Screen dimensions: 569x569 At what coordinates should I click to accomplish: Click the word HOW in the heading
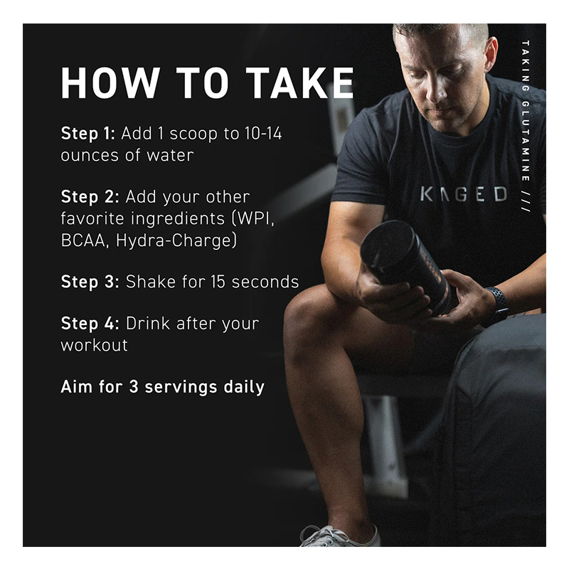[110, 83]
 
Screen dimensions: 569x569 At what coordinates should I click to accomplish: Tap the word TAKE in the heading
[299, 83]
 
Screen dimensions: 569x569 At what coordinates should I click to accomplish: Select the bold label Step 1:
[87, 134]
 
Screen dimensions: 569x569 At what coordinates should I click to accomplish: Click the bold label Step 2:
[90, 197]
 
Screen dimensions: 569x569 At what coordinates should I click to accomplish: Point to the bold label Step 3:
[90, 282]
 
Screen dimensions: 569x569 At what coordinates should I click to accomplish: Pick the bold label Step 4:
[90, 324]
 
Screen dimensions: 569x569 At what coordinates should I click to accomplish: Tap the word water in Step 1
[170, 155]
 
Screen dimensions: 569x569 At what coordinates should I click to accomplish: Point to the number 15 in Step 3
[218, 282]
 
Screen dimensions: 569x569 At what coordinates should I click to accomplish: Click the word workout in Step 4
[95, 345]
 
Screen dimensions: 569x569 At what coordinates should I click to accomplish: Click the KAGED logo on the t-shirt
[464, 194]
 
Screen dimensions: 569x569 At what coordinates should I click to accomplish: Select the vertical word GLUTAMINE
[525, 141]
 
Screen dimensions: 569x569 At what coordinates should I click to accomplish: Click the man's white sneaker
[339, 536]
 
